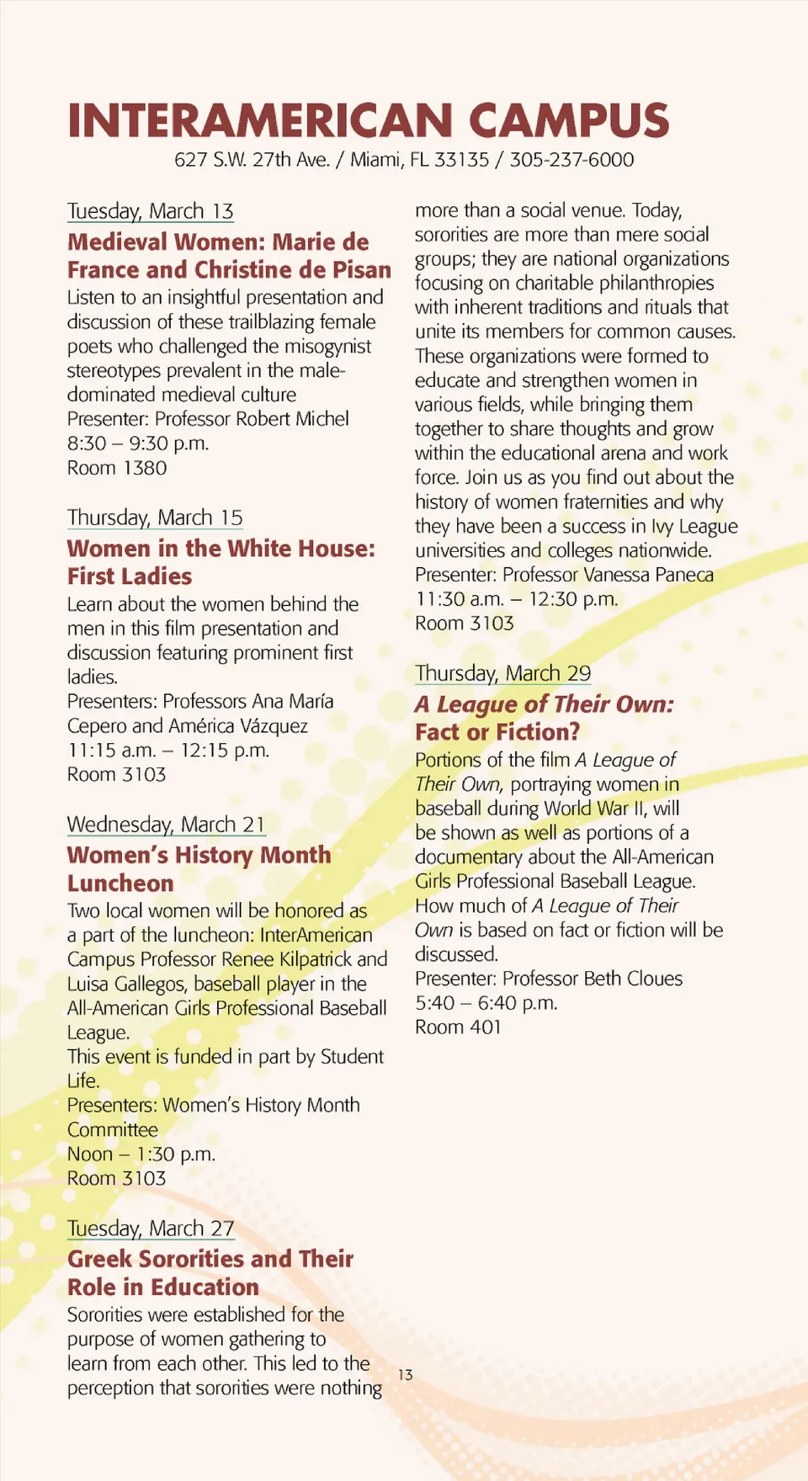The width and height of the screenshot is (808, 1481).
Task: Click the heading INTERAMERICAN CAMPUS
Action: click(368, 120)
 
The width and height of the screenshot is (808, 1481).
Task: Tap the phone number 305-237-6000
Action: click(571, 160)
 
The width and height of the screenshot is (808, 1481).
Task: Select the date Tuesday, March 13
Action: click(150, 211)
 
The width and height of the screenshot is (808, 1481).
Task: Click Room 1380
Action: click(117, 468)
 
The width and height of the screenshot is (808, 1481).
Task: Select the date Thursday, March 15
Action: click(155, 518)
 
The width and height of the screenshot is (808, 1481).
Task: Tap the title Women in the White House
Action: click(221, 549)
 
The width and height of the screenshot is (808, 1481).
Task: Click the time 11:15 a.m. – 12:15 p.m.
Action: click(168, 750)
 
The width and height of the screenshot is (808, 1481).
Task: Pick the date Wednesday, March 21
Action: click(166, 825)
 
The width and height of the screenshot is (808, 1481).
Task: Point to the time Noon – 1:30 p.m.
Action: click(141, 1155)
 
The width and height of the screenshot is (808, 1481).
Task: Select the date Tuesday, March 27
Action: click(151, 1229)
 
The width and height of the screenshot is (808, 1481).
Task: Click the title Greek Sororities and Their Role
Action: click(210, 1272)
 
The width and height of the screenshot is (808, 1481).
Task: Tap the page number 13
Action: click(405, 1375)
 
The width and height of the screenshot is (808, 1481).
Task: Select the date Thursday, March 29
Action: click(502, 673)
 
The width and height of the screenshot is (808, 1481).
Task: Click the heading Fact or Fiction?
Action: click(497, 732)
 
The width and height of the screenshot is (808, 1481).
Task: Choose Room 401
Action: click(458, 1027)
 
